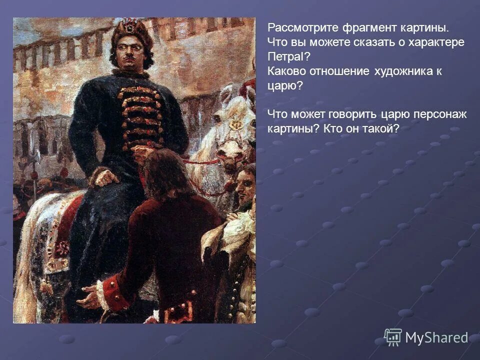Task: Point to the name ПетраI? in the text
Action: pos(289,56)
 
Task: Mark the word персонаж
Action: pos(440,114)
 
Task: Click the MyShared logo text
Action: pos(436,338)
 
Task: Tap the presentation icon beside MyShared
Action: pos(393,337)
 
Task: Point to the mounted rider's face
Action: pos(131,54)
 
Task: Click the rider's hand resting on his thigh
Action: pos(106,178)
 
